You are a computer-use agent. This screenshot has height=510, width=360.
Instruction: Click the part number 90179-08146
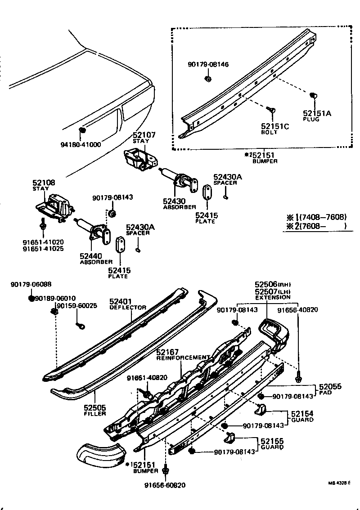pos(208,65)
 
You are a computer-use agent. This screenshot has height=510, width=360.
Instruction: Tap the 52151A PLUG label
pos(316,116)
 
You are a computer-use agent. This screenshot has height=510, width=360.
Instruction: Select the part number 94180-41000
pos(81,144)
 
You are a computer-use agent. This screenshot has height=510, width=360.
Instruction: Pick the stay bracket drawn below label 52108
pos(54,206)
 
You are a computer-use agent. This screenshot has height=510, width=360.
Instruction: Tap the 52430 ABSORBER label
pos(179,204)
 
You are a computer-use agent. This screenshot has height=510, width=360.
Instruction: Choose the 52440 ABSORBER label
pos(96,259)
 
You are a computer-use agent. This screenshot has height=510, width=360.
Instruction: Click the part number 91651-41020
pos(43,242)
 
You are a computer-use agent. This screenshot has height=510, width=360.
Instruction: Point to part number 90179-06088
pos(31,284)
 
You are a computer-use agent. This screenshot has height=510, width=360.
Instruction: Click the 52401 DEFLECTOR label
pos(128,304)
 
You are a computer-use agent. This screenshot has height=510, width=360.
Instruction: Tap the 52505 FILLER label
pos(94,410)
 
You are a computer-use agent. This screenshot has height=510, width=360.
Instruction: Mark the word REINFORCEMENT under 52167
pos(183,358)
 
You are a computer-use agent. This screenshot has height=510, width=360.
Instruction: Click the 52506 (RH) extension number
pos(273,285)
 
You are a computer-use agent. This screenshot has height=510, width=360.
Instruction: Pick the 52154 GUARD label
pos(302,416)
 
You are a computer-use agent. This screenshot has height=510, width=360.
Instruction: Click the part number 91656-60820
pos(165,485)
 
